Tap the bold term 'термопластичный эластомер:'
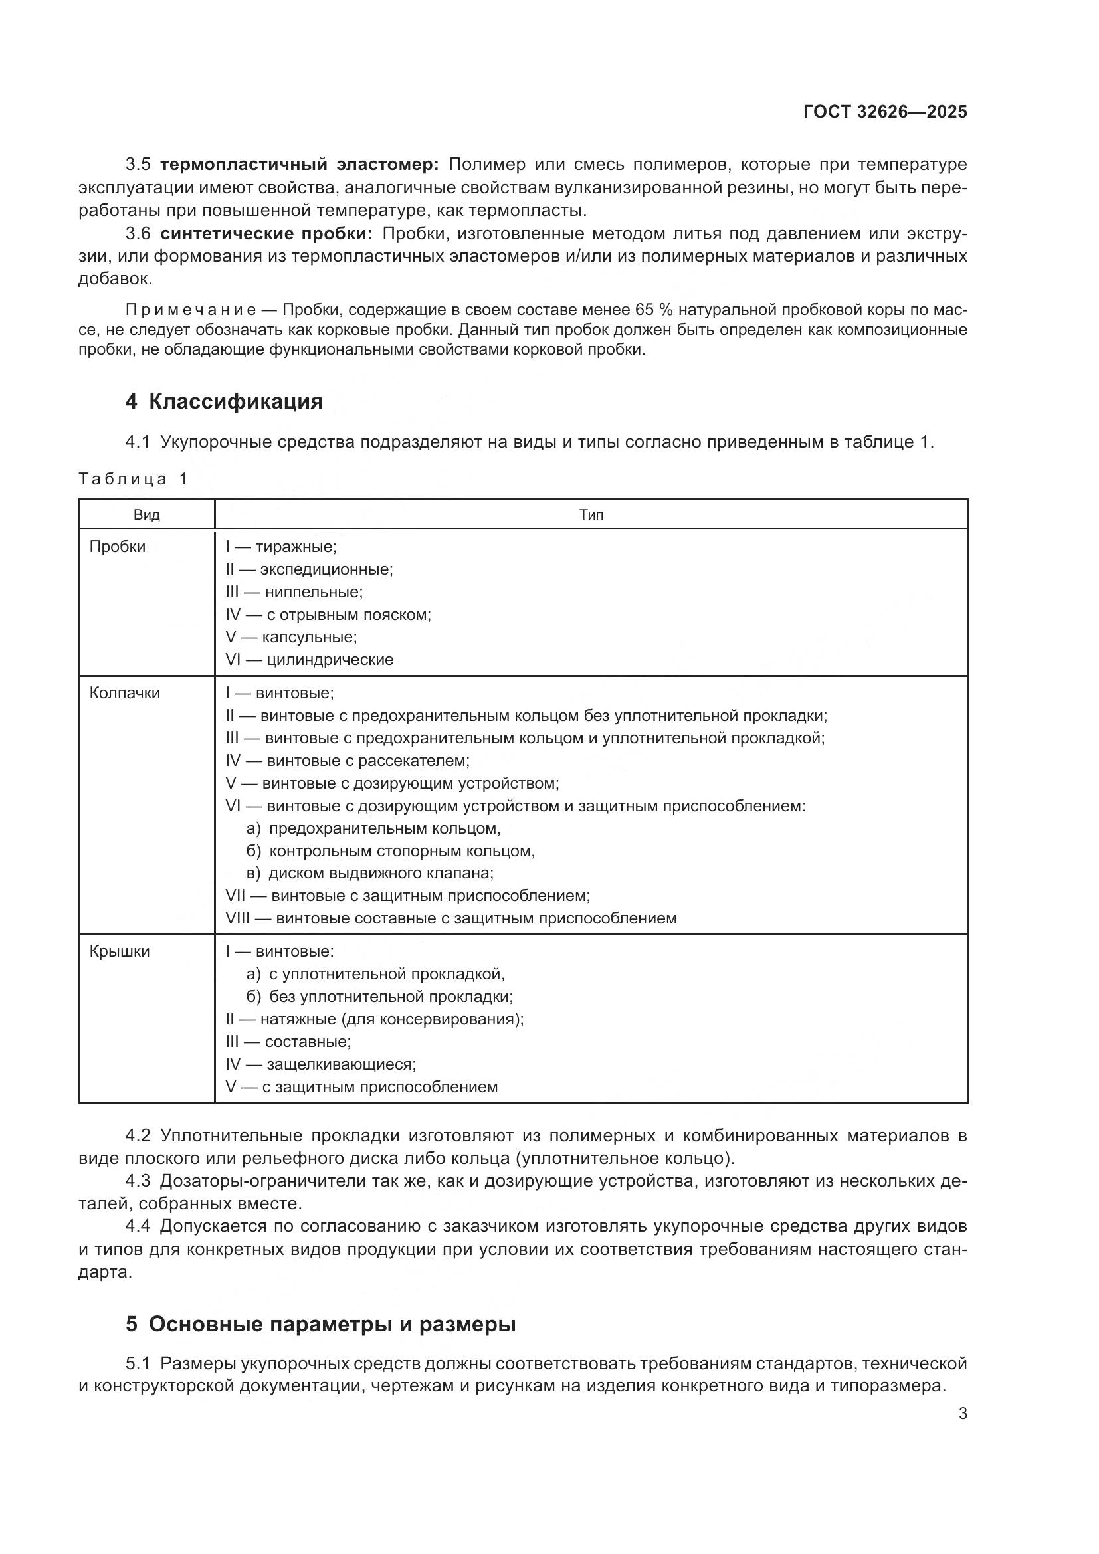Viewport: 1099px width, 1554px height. point(300,165)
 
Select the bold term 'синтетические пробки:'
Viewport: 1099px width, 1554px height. point(266,233)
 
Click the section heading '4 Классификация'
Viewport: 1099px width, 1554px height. point(224,401)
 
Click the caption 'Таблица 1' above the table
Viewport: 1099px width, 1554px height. point(134,479)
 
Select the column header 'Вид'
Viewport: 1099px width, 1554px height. point(146,515)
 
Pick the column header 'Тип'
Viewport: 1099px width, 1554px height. point(591,515)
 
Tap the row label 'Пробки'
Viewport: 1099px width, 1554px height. point(117,547)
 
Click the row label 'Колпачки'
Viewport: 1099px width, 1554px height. point(124,693)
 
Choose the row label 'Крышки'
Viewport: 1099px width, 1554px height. point(119,951)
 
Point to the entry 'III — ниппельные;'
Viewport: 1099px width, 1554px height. point(294,592)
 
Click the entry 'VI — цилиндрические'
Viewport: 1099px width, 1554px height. point(309,660)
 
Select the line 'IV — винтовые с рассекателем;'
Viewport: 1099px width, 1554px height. point(347,761)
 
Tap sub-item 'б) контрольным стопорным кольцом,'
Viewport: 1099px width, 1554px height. point(391,851)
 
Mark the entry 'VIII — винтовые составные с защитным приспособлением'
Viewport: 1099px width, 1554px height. point(450,918)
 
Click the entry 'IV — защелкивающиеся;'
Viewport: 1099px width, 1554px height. point(321,1064)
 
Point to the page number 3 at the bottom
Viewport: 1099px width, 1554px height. point(962,1414)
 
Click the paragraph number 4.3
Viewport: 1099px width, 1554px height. point(138,1181)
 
